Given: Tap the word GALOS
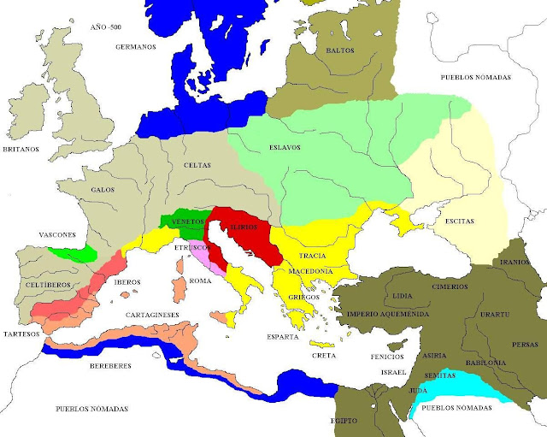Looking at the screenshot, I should (103, 189).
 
